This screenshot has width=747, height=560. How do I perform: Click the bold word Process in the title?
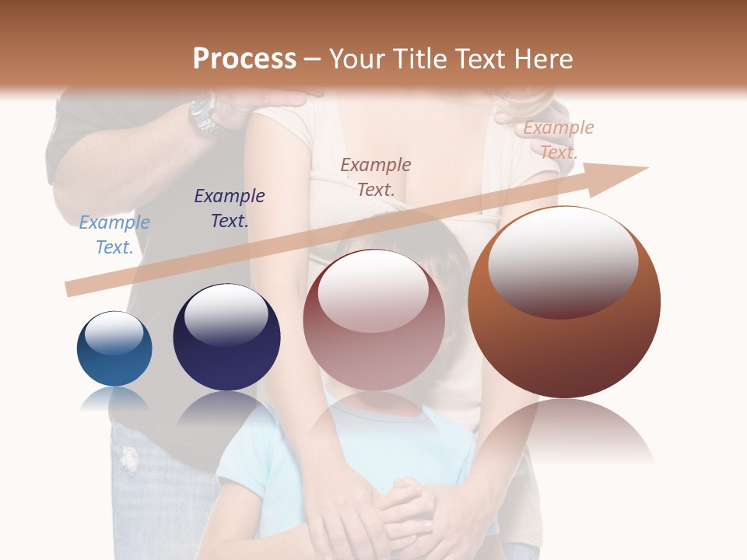tap(244, 59)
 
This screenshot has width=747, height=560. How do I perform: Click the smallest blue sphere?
tap(114, 349)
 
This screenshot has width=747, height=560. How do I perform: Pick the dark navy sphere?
tap(226, 337)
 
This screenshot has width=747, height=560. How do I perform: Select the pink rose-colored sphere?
tap(373, 320)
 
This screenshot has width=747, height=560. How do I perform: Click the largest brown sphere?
tap(564, 303)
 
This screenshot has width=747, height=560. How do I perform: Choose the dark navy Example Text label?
tap(230, 208)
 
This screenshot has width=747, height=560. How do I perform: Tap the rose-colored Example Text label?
tap(376, 177)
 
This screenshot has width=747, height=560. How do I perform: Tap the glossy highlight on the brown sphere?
tap(563, 262)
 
